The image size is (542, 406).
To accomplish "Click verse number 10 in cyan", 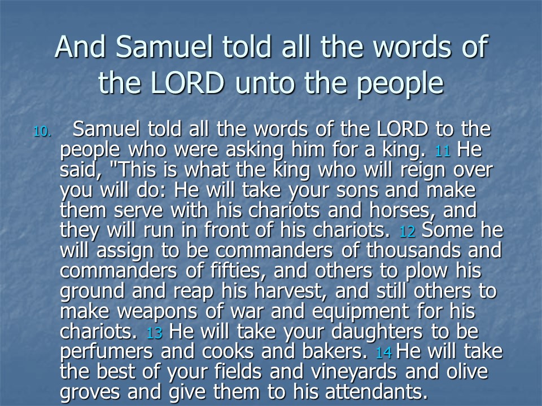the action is [x=42, y=131].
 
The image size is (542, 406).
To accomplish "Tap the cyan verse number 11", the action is [x=443, y=151].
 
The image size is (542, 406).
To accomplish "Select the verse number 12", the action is [x=407, y=232].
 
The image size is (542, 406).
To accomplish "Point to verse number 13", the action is [x=154, y=333].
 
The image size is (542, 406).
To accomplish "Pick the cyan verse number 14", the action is [x=384, y=353].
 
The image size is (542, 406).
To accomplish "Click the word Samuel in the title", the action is [x=164, y=47].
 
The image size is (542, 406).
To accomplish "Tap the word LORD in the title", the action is [x=187, y=83].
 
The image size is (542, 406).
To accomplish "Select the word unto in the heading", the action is [x=264, y=84].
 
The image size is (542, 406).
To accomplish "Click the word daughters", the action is [x=377, y=332].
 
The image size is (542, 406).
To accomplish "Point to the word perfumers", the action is [x=106, y=352].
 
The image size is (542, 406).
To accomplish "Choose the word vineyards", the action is [x=353, y=372].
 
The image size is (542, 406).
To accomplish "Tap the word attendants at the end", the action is [x=374, y=392].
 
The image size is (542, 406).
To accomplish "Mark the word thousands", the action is [x=413, y=250].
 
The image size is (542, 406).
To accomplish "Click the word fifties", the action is [x=235, y=271].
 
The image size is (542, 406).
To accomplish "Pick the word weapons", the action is [x=158, y=312].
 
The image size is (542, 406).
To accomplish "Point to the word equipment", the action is [x=361, y=312].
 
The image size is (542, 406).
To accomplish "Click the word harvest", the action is [x=291, y=291].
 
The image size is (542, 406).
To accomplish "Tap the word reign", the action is [x=422, y=170].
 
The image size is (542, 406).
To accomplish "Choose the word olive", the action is [x=467, y=372].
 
